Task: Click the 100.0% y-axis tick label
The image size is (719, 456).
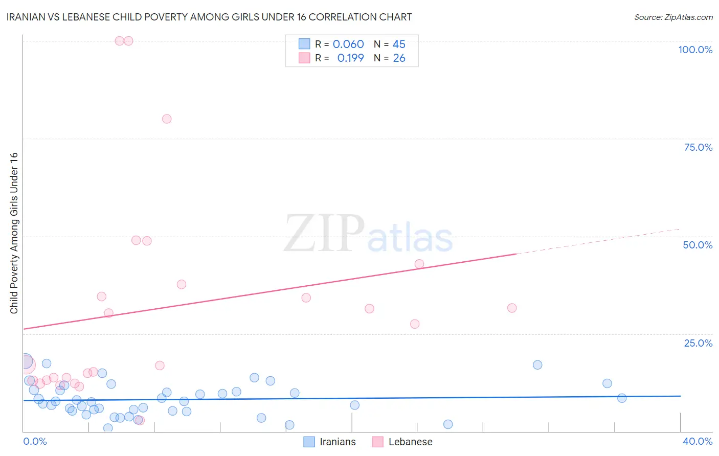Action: tap(695, 50)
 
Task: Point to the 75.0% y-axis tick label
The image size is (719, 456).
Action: tap(698, 147)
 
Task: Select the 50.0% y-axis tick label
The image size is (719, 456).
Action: tap(698, 245)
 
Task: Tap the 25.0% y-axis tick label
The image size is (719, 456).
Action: tap(698, 343)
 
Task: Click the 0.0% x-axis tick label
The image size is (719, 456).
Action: tap(35, 441)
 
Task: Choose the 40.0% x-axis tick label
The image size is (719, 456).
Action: tap(697, 441)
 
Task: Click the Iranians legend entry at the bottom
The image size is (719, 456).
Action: tap(330, 442)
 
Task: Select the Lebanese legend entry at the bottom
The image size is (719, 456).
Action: tap(402, 442)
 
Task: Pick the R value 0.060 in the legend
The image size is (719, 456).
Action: tap(348, 44)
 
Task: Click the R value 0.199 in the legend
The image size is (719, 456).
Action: tap(350, 58)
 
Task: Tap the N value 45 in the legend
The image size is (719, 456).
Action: tap(399, 44)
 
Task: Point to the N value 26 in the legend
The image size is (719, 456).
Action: tap(399, 58)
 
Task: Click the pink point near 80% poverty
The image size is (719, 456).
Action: tap(167, 119)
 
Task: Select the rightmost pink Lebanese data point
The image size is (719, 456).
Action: tap(512, 308)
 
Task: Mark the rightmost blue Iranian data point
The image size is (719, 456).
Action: tap(622, 398)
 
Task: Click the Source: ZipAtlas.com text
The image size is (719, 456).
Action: tap(673, 17)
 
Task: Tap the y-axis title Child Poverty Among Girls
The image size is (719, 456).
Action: tap(14, 233)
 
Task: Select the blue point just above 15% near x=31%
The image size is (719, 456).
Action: tap(537, 365)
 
